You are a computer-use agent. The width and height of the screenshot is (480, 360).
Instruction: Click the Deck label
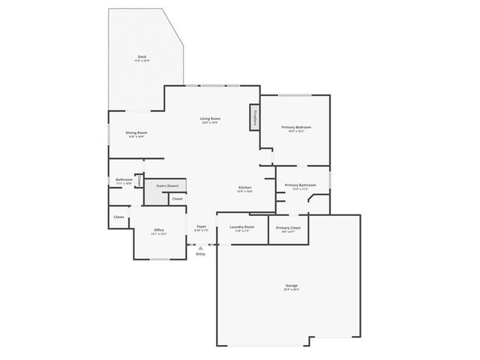[x=142, y=57]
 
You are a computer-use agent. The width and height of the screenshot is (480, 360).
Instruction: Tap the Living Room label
[x=210, y=118]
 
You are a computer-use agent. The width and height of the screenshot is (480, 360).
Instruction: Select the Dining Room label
[x=136, y=133]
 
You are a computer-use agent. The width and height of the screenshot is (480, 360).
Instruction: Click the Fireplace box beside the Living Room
[x=255, y=117]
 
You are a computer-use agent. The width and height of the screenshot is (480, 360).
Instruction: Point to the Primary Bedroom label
[x=296, y=127]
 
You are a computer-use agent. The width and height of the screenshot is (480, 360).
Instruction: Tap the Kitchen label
[x=244, y=187]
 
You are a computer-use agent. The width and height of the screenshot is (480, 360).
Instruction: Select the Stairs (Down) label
[x=166, y=185]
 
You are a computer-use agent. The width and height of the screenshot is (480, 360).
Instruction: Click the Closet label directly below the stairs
[x=176, y=199]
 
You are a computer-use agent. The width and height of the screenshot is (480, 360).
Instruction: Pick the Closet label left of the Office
[x=118, y=217]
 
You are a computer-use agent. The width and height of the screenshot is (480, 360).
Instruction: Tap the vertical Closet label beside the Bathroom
[x=139, y=180]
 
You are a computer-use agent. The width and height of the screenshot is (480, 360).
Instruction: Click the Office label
[x=158, y=229]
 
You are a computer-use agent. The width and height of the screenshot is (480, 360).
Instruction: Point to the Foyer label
[x=201, y=226]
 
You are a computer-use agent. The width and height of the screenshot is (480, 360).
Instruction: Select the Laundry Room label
[x=241, y=226]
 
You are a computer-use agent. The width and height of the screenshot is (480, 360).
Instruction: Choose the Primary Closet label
[x=288, y=227]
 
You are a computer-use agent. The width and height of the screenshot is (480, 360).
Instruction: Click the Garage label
[x=291, y=286]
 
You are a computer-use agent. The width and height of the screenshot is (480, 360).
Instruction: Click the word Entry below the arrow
[x=200, y=254]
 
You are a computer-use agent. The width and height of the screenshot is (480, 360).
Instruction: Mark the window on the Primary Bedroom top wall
[x=295, y=94]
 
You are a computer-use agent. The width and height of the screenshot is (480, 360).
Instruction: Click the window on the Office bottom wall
[x=159, y=259]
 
